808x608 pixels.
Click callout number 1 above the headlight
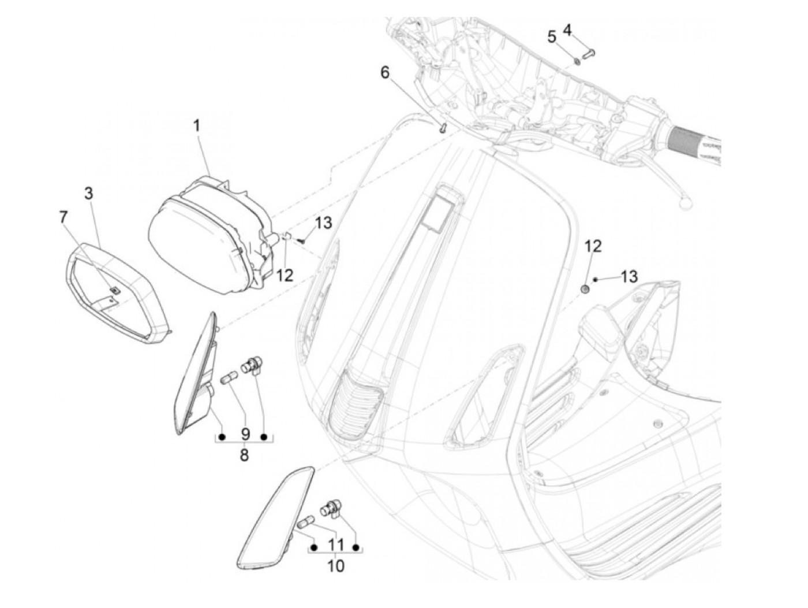point(197,125)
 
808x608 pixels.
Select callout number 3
point(88,193)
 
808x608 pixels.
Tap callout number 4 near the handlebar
point(568,29)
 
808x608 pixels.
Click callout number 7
point(63,217)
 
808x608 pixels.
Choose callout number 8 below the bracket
point(244,455)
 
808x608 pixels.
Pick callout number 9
point(244,433)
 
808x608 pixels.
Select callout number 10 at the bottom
point(335,566)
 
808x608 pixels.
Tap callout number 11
point(335,544)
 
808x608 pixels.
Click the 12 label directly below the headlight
point(285,275)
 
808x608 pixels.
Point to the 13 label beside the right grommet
point(629,277)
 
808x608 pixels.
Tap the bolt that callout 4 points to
point(589,54)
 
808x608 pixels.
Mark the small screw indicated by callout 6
point(443,128)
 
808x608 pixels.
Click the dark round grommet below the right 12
point(585,288)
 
